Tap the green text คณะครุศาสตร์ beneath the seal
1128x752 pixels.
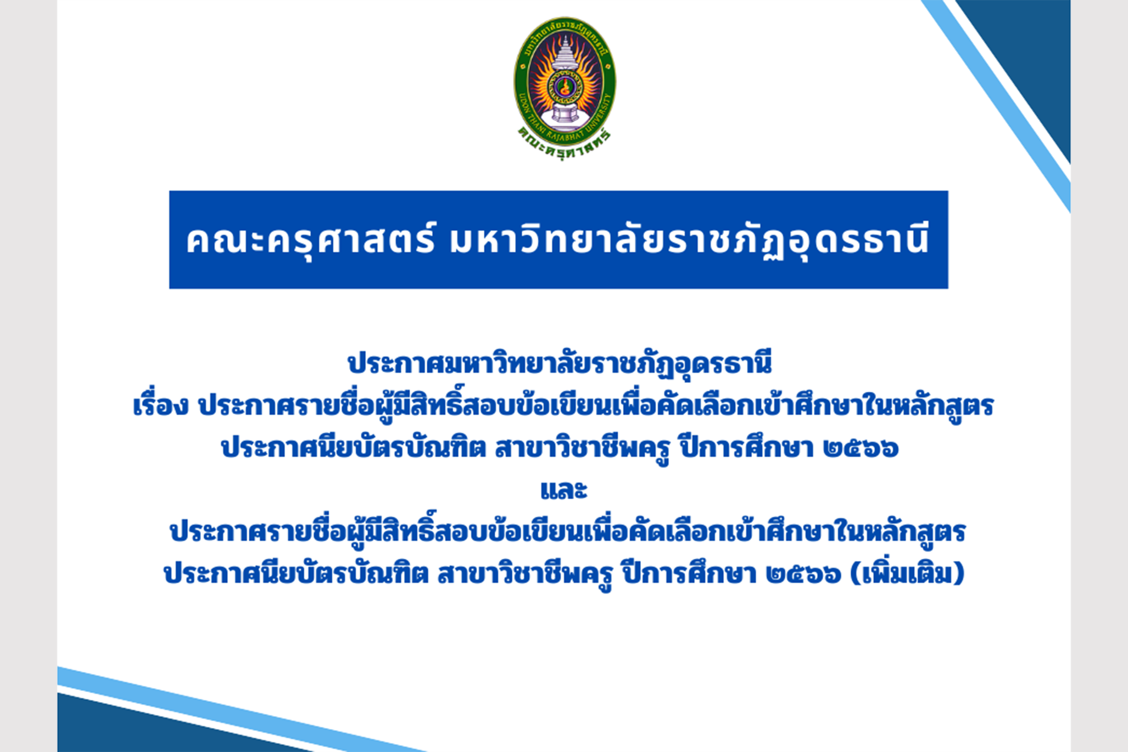tap(565, 144)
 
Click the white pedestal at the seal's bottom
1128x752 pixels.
tap(564, 115)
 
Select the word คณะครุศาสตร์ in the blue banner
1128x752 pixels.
tap(311, 240)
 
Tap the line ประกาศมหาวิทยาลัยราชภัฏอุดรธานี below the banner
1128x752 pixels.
tap(560, 364)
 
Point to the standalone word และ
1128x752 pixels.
tap(564, 489)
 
